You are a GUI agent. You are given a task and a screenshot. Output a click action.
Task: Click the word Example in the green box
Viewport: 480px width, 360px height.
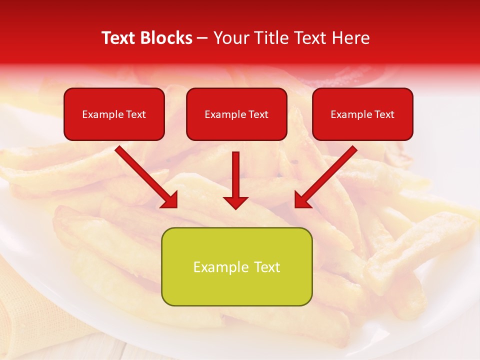[x=221, y=267]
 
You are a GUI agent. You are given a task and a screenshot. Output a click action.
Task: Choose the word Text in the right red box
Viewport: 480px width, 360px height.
[x=384, y=114]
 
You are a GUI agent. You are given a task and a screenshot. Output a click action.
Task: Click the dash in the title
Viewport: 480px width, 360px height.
[x=202, y=38]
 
